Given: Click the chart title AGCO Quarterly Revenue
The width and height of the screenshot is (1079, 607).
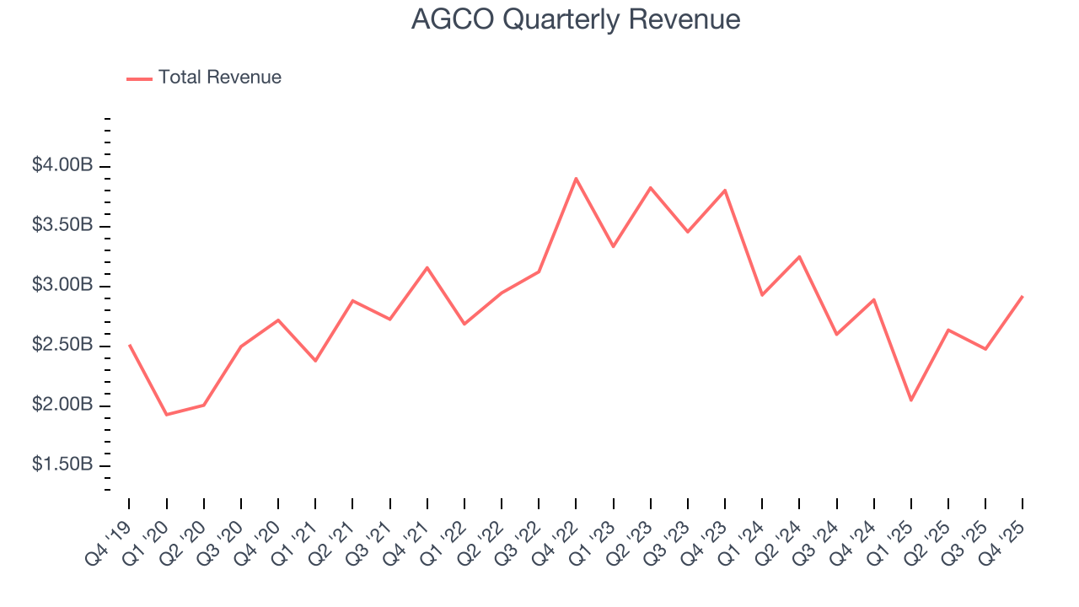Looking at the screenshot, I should click(x=576, y=19).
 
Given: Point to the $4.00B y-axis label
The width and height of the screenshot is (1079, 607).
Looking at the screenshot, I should click(x=62, y=166).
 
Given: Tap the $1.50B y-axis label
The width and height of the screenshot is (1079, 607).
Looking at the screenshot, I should click(x=62, y=465).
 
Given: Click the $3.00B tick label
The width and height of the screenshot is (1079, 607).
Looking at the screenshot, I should click(x=62, y=286).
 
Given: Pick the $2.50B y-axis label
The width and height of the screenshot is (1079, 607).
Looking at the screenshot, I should click(x=62, y=346).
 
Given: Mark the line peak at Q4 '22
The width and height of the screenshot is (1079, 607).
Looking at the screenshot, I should click(x=576, y=179).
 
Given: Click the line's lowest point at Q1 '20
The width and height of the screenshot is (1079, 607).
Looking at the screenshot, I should click(x=166, y=415).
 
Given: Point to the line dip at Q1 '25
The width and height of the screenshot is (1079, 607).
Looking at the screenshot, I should click(x=911, y=400).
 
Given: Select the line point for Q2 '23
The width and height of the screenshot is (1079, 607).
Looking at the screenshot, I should click(x=651, y=187).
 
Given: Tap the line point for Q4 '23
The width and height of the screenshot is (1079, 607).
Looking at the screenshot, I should click(x=725, y=191).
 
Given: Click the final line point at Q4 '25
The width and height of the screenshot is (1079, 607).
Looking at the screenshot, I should click(x=1023, y=297).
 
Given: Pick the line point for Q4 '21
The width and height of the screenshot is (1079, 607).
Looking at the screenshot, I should click(x=427, y=267).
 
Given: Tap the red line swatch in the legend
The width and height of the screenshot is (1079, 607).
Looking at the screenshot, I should click(x=139, y=78).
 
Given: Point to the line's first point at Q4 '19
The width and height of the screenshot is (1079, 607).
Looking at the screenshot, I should click(x=129, y=345).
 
